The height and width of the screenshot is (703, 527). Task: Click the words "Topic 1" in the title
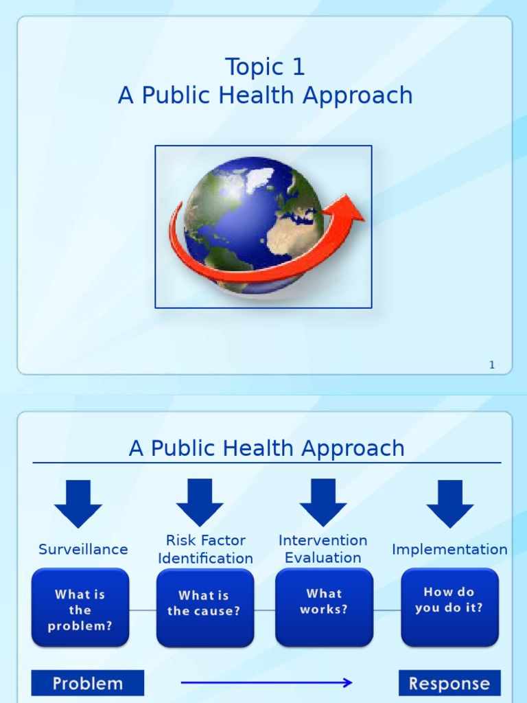pos(265,67)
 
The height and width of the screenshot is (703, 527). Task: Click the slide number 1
pos(491,365)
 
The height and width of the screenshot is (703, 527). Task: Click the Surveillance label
pos(83,549)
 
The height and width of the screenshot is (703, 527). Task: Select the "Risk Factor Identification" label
pos(205,549)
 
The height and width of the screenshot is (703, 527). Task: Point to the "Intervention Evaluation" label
pos(323,549)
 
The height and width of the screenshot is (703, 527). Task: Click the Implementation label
pos(449,549)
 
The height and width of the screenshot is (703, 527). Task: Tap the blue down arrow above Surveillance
pos(78,503)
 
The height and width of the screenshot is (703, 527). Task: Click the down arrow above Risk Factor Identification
pos(200,503)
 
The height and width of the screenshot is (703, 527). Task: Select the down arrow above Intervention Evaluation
pos(323,503)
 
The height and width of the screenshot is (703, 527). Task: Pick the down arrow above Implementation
pos(449,503)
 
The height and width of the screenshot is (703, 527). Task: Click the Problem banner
pos(88,683)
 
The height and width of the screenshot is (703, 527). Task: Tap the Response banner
pos(449,683)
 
